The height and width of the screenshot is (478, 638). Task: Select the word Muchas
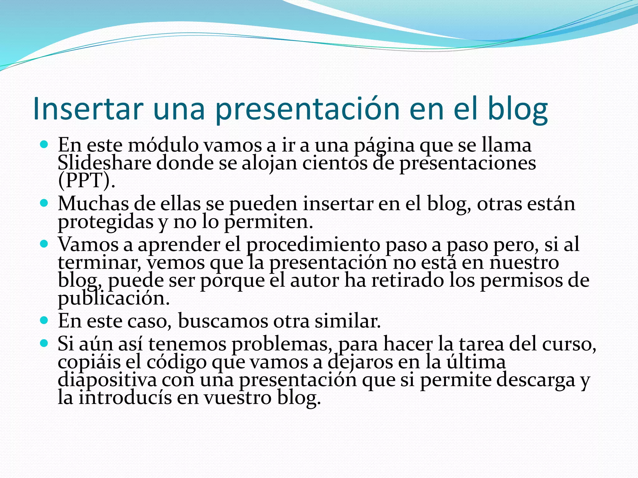click(x=93, y=204)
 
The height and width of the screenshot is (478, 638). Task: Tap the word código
click(x=176, y=362)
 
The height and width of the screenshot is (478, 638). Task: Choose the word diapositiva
click(x=107, y=380)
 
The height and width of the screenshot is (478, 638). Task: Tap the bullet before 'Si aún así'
click(x=44, y=343)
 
